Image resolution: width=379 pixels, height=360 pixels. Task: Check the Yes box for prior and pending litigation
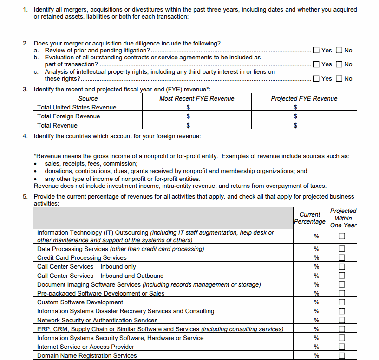tap(316, 51)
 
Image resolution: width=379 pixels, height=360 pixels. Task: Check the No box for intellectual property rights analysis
tap(339, 78)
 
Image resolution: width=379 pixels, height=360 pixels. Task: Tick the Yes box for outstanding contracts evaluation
tap(316, 64)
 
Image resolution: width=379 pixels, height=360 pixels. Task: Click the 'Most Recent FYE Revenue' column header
tap(196, 98)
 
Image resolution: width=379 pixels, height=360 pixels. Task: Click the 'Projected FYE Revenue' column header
tap(304, 98)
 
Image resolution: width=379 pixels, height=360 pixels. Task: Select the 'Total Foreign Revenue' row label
tap(68, 116)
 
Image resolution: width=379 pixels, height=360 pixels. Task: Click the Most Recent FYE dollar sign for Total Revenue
tap(188, 125)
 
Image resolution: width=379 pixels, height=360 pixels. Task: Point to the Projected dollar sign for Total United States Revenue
tap(296, 108)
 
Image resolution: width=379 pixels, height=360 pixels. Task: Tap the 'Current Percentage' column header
tap(309, 218)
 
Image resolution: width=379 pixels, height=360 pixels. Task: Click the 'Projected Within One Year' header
tap(343, 218)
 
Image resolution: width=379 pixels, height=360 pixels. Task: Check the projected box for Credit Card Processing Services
tap(342, 258)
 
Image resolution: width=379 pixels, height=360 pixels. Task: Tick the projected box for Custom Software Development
tap(342, 302)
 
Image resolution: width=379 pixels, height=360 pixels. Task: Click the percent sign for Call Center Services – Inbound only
tap(317, 267)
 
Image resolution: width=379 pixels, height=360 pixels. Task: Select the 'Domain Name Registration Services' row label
tap(87, 356)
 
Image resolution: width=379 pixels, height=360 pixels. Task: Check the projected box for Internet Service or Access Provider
tap(342, 347)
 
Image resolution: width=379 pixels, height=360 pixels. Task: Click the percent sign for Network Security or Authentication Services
tap(317, 320)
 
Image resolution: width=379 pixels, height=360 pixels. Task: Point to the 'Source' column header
tap(88, 98)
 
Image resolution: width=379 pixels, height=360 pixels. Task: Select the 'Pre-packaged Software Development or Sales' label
tap(100, 294)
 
